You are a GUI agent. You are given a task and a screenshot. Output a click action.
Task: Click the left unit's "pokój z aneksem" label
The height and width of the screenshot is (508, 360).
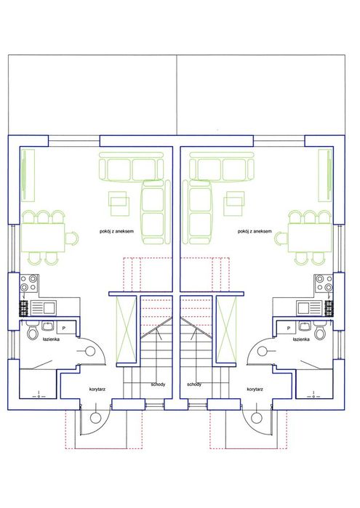[116, 231]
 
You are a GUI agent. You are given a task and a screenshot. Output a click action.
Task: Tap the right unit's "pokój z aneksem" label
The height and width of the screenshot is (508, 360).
[255, 231]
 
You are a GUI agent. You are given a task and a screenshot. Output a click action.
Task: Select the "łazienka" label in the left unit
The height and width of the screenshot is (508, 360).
[51, 339]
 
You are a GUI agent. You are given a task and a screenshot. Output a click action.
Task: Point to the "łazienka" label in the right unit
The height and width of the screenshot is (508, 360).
[301, 339]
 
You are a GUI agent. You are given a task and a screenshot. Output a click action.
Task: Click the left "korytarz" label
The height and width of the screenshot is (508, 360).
[97, 389]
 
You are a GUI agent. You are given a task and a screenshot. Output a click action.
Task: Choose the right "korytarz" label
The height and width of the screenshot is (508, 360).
[255, 389]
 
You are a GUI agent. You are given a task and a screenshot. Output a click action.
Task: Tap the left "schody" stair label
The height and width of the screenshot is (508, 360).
[159, 384]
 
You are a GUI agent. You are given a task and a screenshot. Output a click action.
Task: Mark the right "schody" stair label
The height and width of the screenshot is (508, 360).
[194, 384]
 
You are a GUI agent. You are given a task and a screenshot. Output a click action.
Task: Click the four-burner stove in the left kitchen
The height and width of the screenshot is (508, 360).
[29, 283]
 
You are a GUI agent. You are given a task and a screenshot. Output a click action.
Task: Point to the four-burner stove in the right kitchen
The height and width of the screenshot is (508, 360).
[324, 283]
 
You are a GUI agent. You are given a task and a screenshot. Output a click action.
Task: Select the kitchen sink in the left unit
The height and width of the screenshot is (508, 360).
[44, 308]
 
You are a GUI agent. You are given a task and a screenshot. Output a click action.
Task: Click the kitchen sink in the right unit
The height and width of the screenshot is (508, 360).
[310, 308]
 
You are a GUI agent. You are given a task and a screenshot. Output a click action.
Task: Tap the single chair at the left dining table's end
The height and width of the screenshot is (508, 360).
[72, 238]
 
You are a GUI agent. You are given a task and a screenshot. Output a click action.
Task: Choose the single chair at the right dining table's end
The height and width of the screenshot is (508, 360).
[281, 239]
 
